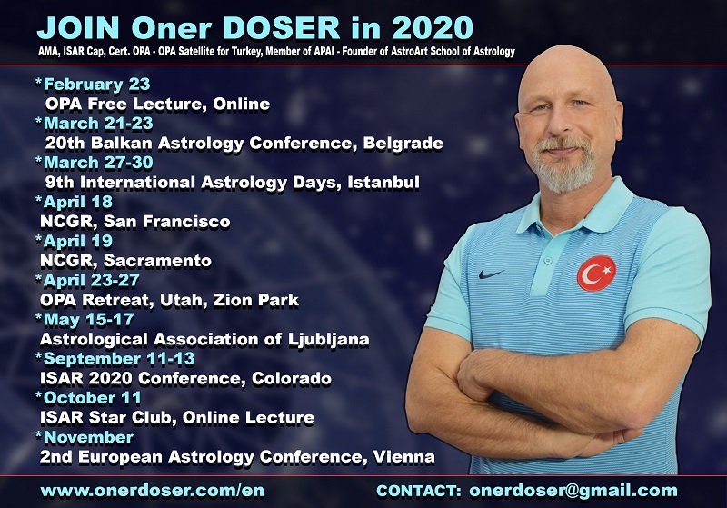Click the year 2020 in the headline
(x=433, y=28)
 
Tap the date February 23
(x=97, y=85)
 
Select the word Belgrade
(x=403, y=144)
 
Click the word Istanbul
(x=383, y=182)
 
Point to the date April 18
(x=78, y=202)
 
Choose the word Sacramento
(x=157, y=261)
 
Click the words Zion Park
(x=256, y=300)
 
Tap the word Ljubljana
(x=329, y=340)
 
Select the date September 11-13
(x=119, y=359)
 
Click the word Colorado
(x=292, y=378)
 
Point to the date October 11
(x=93, y=398)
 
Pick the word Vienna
(x=403, y=456)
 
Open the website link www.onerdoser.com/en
(x=153, y=491)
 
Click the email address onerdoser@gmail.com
(x=573, y=491)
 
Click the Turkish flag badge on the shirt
(x=596, y=274)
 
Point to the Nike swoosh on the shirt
(x=492, y=274)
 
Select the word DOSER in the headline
(x=282, y=28)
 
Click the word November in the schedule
(x=88, y=437)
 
